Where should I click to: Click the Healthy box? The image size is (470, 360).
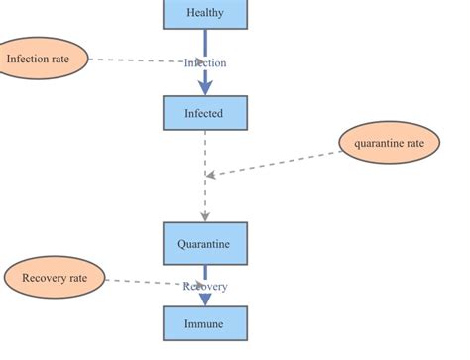tap(204, 13)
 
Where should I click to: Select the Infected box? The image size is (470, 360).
tap(204, 113)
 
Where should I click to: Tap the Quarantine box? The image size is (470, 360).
tap(204, 243)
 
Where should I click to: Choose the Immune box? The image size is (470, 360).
tap(204, 323)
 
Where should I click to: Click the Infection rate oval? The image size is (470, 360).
tap(39, 60)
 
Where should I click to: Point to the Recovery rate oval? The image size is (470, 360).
tap(55, 279)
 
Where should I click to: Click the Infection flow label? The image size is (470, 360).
tap(205, 62)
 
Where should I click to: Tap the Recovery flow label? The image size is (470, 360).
tap(205, 287)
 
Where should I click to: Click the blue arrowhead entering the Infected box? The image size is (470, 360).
tap(205, 89)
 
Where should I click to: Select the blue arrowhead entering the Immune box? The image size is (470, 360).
tap(205, 300)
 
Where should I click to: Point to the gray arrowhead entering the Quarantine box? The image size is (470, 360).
tap(205, 215)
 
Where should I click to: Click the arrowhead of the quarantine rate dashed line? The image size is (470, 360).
tap(211, 175)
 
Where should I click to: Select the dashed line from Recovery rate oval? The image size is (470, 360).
tap(144, 283)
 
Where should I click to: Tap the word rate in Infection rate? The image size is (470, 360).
tap(59, 60)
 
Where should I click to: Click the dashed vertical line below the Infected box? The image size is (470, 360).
tap(205, 149)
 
